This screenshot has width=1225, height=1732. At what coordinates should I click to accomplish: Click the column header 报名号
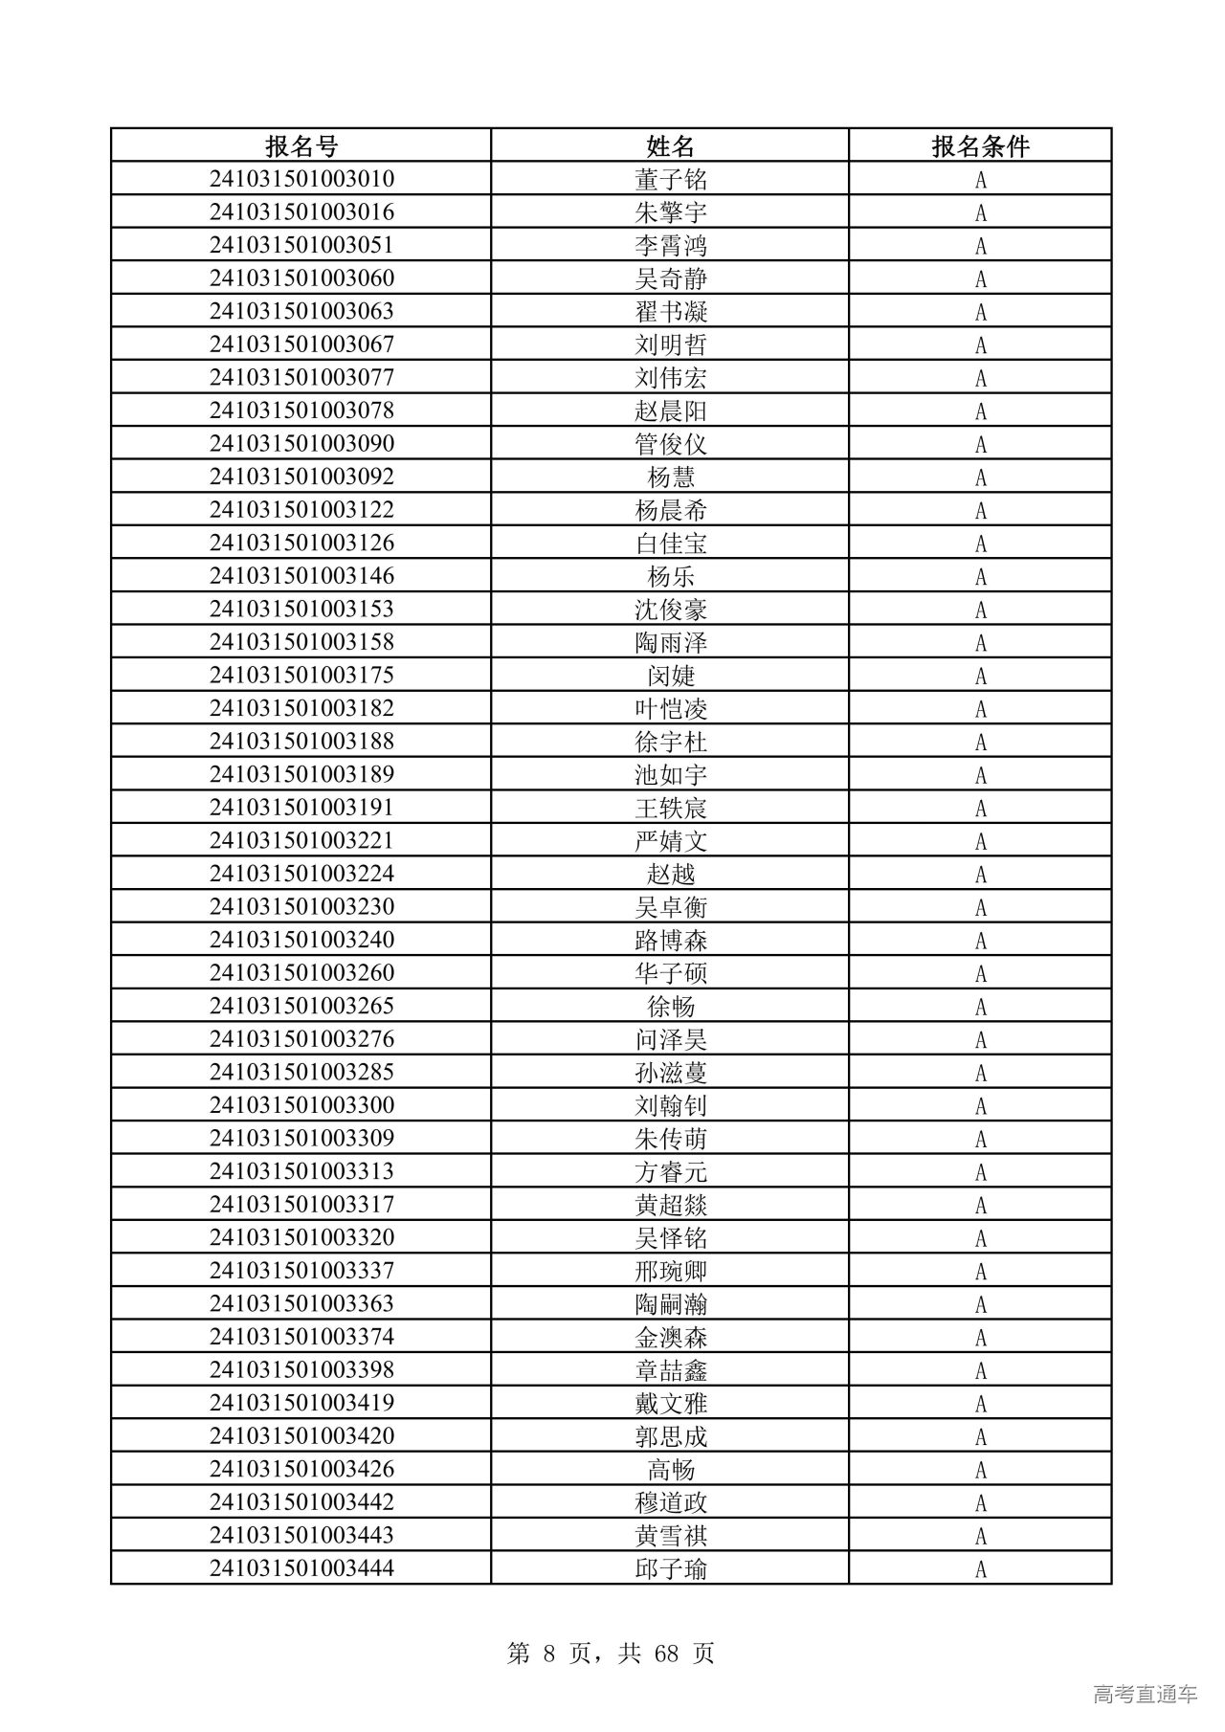pyautogui.click(x=301, y=146)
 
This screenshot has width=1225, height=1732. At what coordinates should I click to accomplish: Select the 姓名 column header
pyautogui.click(x=670, y=146)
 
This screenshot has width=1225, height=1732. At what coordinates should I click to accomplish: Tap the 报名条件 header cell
pyautogui.click(x=980, y=146)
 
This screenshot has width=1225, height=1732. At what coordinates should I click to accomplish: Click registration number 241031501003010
pyautogui.click(x=301, y=179)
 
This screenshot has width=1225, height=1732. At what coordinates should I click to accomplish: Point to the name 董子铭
pyautogui.click(x=670, y=180)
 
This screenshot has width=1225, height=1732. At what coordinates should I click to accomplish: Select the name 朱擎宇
pyautogui.click(x=670, y=212)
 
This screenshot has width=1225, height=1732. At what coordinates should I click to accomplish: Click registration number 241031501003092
pyautogui.click(x=301, y=477)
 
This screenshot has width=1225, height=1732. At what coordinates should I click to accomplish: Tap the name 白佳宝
pyautogui.click(x=670, y=544)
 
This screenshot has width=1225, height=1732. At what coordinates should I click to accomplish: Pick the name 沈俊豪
pyautogui.click(x=670, y=610)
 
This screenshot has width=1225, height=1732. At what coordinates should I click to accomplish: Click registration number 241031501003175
pyautogui.click(x=301, y=675)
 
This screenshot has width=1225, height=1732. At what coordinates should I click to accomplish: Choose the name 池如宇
pyautogui.click(x=670, y=775)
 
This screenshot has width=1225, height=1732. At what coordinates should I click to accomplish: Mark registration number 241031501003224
pyautogui.click(x=301, y=874)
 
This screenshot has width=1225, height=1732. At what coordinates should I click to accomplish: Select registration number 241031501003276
pyautogui.click(x=301, y=1039)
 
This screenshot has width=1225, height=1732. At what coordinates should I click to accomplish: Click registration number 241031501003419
pyautogui.click(x=301, y=1403)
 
